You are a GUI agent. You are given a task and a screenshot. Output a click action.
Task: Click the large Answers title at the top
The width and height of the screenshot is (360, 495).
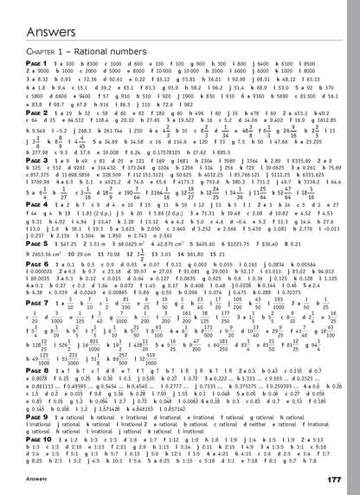tap(41, 10)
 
